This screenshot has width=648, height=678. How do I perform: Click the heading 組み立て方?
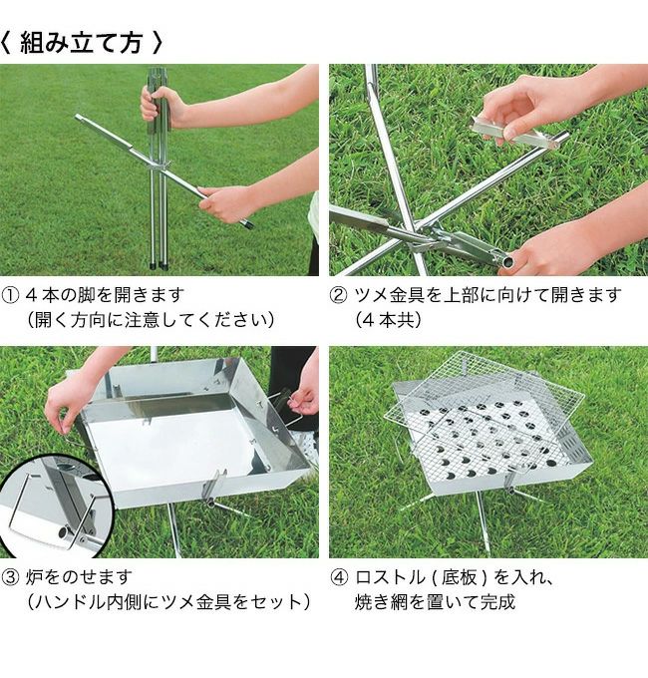(x=81, y=43)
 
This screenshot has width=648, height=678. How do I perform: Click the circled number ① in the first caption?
(x=10, y=296)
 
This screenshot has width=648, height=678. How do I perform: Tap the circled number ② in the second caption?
(x=339, y=296)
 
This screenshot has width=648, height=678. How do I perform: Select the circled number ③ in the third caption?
(x=10, y=577)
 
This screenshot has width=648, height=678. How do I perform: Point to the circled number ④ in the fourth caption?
(x=339, y=577)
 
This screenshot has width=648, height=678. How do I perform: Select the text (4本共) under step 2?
(x=388, y=320)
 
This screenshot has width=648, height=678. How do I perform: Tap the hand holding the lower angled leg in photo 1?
(x=224, y=203)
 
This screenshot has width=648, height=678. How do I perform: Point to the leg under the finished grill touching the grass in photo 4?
(x=483, y=523)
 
